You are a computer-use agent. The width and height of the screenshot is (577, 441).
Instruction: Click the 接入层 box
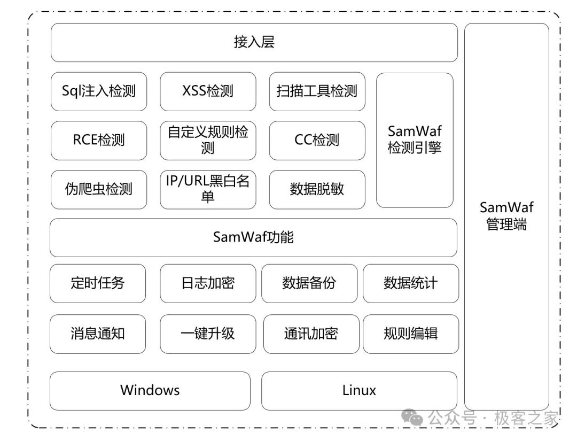(x=254, y=42)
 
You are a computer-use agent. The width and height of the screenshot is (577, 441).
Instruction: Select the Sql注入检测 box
(x=99, y=91)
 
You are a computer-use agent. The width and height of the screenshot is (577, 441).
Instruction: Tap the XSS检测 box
(x=208, y=91)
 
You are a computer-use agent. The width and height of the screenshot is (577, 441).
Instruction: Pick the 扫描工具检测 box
(x=317, y=91)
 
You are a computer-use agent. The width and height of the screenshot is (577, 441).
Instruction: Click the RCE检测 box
(x=99, y=140)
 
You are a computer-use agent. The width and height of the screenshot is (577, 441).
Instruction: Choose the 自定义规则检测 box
(x=208, y=140)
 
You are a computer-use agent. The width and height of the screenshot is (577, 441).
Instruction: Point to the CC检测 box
(x=317, y=140)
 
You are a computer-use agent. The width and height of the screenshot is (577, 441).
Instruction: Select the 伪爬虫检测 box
(x=99, y=189)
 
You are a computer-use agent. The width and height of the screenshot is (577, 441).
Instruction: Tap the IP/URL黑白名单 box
(x=208, y=189)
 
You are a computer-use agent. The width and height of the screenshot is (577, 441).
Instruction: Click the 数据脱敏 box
(x=317, y=189)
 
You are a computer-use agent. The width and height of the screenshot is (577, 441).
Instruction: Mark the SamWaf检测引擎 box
(x=415, y=140)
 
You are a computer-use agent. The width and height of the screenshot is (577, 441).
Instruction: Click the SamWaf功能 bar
(x=253, y=237)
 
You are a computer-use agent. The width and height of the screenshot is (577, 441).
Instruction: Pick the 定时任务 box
(x=97, y=283)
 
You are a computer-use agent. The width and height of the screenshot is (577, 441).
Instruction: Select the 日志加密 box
(x=208, y=283)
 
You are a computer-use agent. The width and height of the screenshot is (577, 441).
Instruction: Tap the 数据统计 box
(x=410, y=283)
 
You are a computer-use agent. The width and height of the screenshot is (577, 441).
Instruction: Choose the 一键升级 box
(x=208, y=334)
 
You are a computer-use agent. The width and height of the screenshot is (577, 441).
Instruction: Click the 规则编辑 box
(x=410, y=334)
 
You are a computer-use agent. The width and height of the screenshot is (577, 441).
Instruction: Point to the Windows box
(x=150, y=390)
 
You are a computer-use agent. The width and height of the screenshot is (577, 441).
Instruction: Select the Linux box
(x=359, y=390)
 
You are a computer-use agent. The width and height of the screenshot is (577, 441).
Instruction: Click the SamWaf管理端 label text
(x=506, y=216)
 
